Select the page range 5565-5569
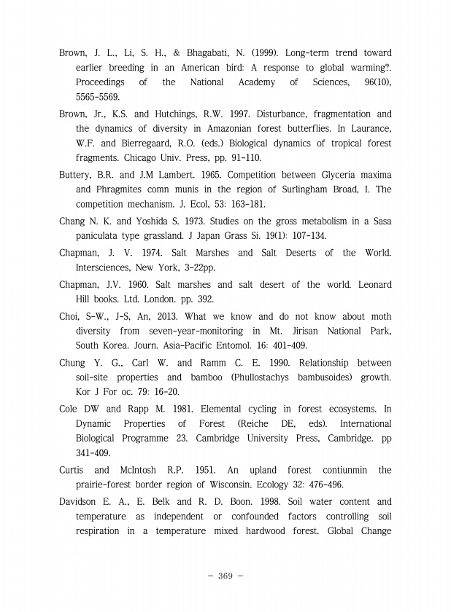tap(99, 96)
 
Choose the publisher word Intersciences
tap(107, 267)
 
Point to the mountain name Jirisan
tap(291, 331)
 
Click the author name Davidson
tap(81, 501)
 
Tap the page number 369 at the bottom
tap(225, 576)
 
